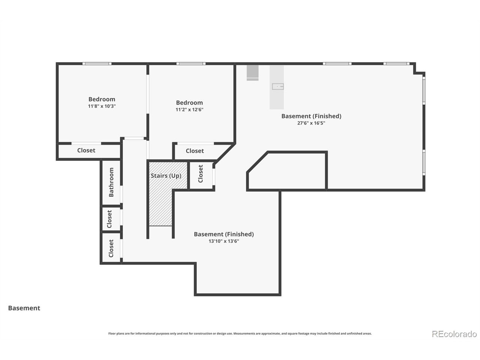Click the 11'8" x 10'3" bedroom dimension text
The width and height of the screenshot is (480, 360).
coord(102,106)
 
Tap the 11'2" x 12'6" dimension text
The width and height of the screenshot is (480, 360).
coord(189,109)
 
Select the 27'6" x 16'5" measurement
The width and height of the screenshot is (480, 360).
coord(311,123)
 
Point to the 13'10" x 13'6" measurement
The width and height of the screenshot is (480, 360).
coord(224,241)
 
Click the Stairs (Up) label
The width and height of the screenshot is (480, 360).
coord(166,176)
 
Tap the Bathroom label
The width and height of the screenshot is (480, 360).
coord(111,182)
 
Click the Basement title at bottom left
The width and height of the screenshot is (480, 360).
coord(24,308)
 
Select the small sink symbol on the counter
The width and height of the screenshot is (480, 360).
coord(278,87)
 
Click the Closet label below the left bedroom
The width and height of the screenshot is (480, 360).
coord(86,150)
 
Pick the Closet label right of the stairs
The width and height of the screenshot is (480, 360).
coord(201,174)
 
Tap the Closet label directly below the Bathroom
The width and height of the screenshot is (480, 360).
coord(109,219)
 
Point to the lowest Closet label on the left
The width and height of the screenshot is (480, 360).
coord(111,248)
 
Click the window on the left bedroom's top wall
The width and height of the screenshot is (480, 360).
coord(97,64)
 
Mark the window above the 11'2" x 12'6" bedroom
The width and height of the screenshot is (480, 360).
coord(191,64)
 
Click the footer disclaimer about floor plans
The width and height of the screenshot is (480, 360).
coord(240,333)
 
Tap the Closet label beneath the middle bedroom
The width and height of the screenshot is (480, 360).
coord(195,151)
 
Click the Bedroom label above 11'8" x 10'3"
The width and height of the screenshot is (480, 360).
coord(102,99)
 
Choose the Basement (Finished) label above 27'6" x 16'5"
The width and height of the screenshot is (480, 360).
coord(311,116)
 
